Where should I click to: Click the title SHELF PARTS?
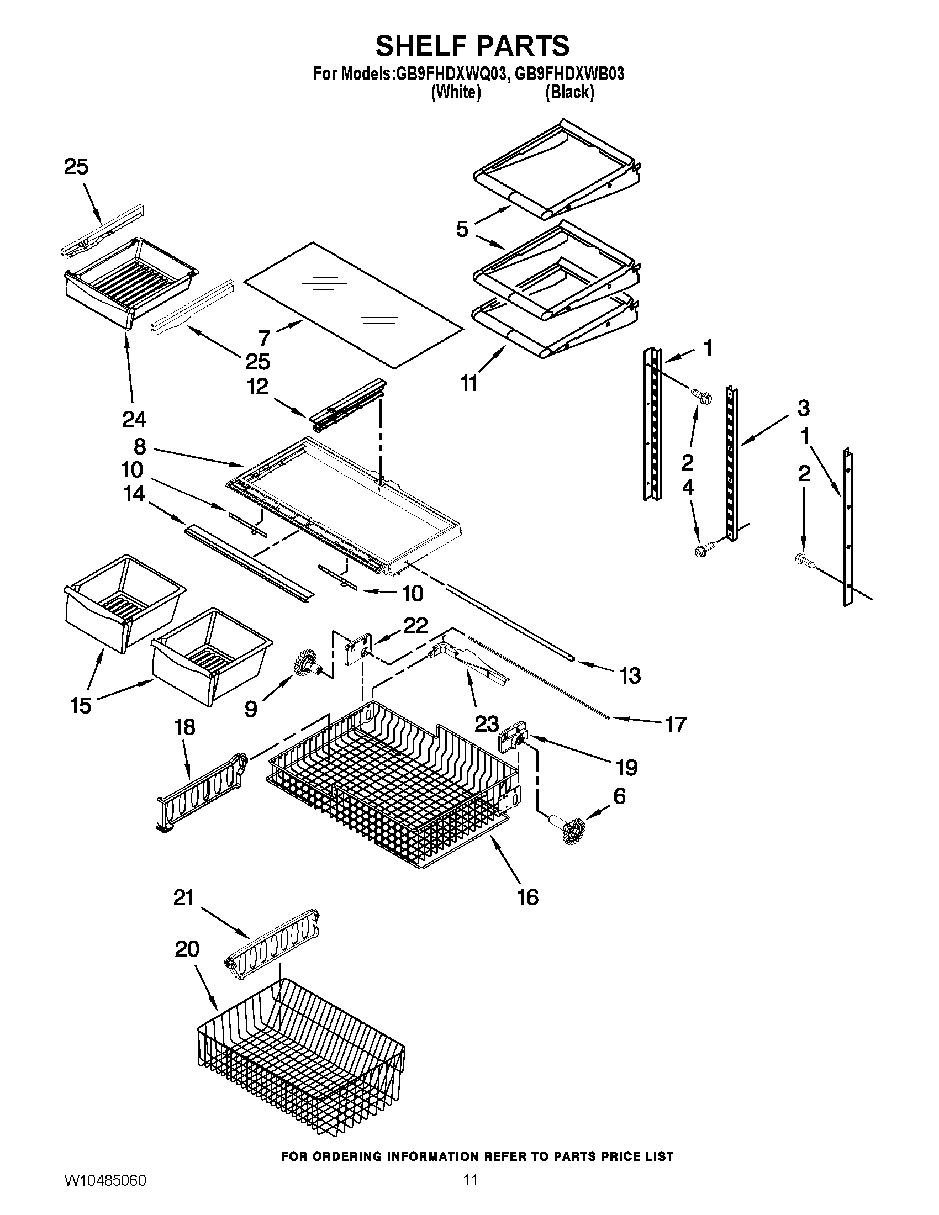pos(472,46)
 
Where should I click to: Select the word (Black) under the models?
pos(569,92)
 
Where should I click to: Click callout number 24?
pos(134,419)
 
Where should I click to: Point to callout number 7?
pos(264,337)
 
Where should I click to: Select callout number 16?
pos(528,897)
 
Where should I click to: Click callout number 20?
pos(187,949)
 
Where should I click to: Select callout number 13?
pos(630,676)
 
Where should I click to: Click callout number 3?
pos(803,408)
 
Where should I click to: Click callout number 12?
pos(257,386)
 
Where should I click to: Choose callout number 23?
pos(486,724)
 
